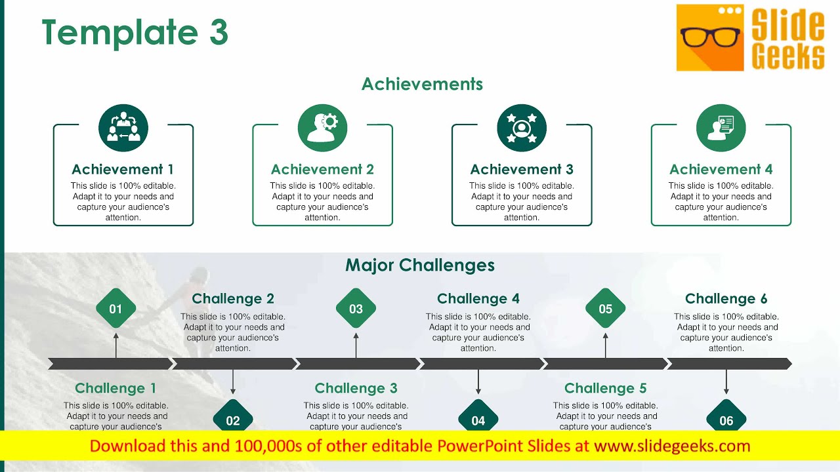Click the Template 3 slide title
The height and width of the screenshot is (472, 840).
click(x=135, y=33)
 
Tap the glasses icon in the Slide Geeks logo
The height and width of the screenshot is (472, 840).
click(x=710, y=37)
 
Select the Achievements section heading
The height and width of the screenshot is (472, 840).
click(x=422, y=84)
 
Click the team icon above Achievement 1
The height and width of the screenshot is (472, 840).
click(x=123, y=128)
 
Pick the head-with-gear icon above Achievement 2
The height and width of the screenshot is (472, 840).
click(x=322, y=128)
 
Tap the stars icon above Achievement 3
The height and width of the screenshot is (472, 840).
click(x=522, y=128)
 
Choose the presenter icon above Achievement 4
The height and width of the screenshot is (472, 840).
click(x=721, y=128)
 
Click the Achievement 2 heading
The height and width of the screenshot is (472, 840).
click(x=322, y=169)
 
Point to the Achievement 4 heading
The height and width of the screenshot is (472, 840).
click(x=721, y=169)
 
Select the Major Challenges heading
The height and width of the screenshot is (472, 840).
click(x=420, y=265)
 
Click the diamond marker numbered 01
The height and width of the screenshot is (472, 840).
click(x=116, y=309)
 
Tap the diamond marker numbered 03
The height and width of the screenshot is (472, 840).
click(x=356, y=309)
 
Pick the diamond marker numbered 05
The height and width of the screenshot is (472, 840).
click(x=605, y=309)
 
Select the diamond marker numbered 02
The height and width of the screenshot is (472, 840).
click(x=233, y=420)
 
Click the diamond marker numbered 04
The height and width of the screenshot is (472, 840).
click(x=478, y=420)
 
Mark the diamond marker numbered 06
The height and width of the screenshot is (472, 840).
click(x=726, y=420)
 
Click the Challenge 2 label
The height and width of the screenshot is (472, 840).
click(x=233, y=299)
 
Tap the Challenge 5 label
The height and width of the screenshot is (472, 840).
click(x=605, y=388)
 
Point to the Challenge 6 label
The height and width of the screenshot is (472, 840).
click(x=726, y=299)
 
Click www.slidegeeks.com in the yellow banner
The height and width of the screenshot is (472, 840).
click(x=672, y=446)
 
